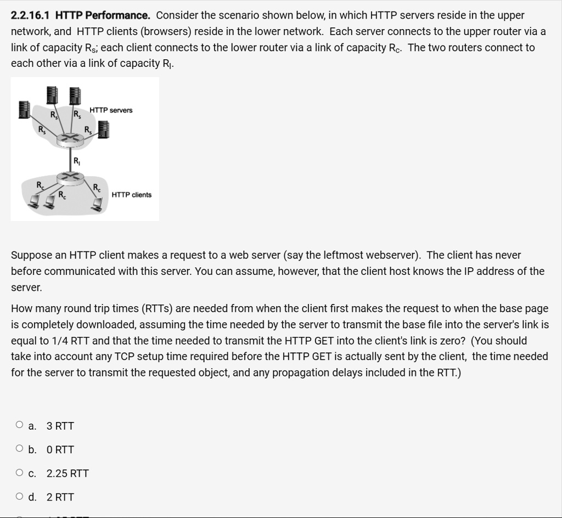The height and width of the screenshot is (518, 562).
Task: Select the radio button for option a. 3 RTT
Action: coord(20,425)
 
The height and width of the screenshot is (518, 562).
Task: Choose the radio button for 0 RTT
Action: coord(20,449)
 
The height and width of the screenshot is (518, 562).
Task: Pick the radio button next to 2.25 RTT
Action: coord(20,472)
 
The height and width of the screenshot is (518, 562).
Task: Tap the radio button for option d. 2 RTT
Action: coord(20,497)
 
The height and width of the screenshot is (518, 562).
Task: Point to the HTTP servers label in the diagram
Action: coord(111,110)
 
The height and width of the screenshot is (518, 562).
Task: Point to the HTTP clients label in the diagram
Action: coord(131,195)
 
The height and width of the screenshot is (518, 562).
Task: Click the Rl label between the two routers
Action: coord(77,161)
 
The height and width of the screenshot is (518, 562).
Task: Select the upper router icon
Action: coord(70,137)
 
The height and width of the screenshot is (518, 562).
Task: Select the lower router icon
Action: coord(70,177)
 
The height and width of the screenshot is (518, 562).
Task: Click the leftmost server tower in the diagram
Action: coord(24,109)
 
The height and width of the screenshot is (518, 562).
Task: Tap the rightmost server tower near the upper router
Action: coord(103,130)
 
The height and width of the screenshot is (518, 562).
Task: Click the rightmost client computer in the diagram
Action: coord(98,204)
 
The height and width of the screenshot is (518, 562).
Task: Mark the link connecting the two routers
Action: coord(70,157)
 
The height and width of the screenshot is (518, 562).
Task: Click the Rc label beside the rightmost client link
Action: coord(97,188)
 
